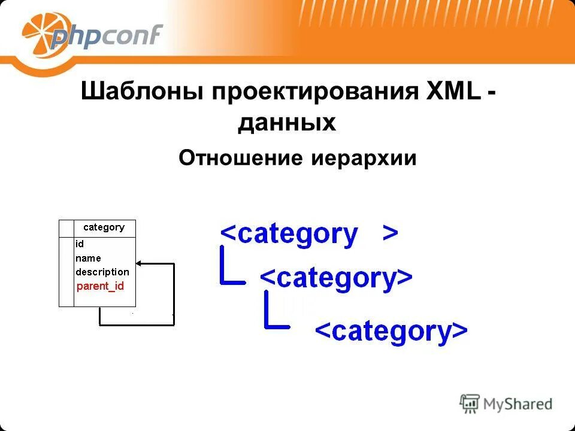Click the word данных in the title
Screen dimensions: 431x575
[286, 123]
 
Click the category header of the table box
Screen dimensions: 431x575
[104, 227]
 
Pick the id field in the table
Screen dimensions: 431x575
[80, 244]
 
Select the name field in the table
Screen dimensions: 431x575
[88, 258]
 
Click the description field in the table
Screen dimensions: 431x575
[102, 272]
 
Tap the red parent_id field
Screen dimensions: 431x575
[100, 286]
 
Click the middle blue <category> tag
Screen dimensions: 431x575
[335, 278]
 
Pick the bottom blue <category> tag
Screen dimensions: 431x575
[391, 330]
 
